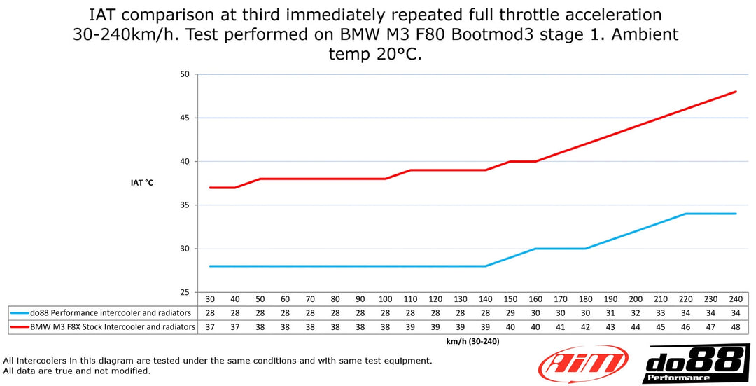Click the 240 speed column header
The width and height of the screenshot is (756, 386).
pos(736,298)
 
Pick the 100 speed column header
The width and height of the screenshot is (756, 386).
pos(385,298)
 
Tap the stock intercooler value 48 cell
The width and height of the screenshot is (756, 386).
pos(736,326)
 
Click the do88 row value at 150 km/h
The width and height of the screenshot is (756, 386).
pos(510,312)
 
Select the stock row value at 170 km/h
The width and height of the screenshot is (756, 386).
pos(561,326)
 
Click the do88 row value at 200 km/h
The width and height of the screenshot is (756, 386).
pos(636,312)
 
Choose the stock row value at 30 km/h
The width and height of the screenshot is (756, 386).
pos(210,326)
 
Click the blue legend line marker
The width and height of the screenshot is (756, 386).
pos(20,312)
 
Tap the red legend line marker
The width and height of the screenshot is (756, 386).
pos(20,326)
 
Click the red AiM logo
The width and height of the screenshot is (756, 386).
pos(580,364)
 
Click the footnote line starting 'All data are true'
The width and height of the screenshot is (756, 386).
pos(77,371)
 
